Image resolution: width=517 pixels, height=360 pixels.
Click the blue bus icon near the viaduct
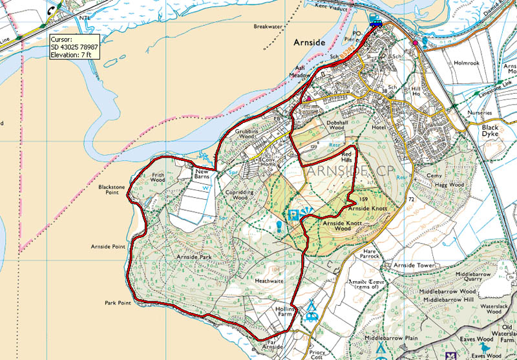(x=375, y=24)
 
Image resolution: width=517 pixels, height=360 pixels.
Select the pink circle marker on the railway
(x=415, y=43)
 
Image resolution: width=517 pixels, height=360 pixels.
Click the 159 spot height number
(x=363, y=199)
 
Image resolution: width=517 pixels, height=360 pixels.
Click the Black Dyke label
(x=495, y=131)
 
